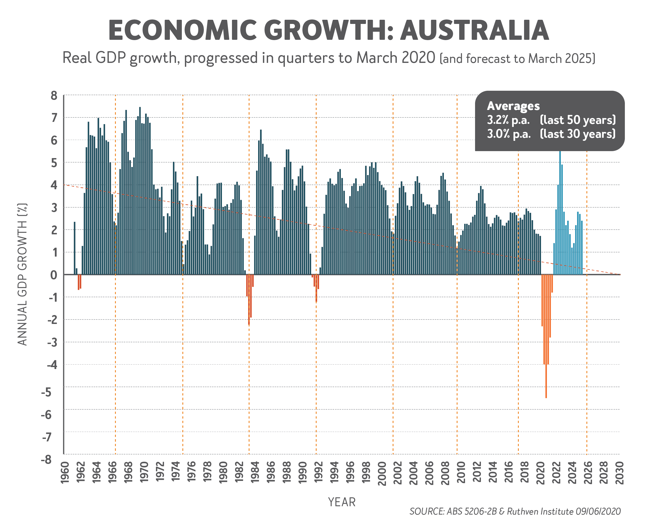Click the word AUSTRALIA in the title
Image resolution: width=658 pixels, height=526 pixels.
coord(474,30)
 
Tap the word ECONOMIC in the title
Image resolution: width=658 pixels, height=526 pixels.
coord(182,30)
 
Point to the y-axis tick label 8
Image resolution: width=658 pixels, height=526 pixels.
coord(54,95)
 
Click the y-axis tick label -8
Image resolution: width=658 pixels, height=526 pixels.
coord(47,459)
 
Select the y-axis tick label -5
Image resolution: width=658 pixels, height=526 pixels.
coord(47,392)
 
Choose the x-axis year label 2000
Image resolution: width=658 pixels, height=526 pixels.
coord(382,473)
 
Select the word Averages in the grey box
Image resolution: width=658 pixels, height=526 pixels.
coord(513,106)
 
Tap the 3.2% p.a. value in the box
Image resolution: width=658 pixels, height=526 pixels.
coord(508,120)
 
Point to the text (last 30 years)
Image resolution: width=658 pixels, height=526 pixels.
coord(578,134)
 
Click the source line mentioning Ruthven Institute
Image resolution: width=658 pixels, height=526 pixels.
coord(515,511)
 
